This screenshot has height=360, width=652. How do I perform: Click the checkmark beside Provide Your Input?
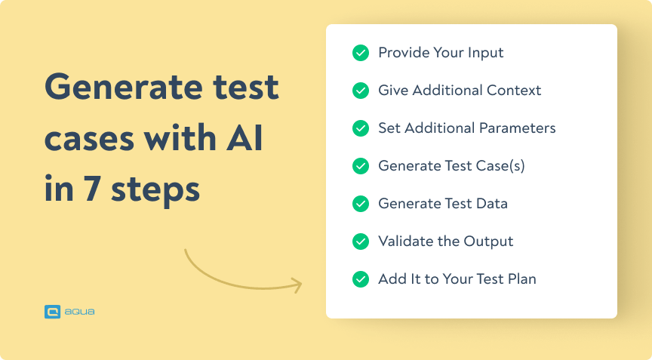click(361, 53)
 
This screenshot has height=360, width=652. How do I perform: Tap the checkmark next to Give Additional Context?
click(361, 91)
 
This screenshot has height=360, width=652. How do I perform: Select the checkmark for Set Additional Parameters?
click(361, 128)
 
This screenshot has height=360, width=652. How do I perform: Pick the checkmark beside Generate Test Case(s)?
click(361, 166)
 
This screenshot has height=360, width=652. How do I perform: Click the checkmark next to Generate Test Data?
click(361, 204)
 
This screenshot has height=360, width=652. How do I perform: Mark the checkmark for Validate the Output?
click(361, 242)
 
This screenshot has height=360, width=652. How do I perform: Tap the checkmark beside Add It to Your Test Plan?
click(361, 279)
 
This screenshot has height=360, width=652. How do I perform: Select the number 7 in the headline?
click(93, 189)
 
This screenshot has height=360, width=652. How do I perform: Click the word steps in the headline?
click(155, 191)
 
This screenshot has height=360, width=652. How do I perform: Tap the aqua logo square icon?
click(52, 311)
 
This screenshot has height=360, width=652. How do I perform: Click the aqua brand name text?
click(80, 311)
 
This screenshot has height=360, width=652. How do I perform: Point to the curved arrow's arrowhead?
click(297, 286)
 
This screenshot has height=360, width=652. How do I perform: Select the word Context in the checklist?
click(515, 91)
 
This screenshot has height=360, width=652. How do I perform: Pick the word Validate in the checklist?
click(404, 242)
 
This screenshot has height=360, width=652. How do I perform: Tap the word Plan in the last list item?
click(521, 279)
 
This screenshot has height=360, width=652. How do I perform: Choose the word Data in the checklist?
click(492, 204)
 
